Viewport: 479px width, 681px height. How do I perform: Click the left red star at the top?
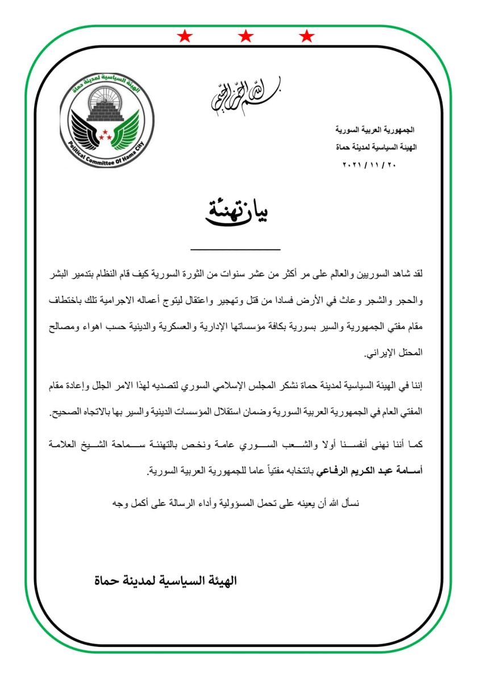184,37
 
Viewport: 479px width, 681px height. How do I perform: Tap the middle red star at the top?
245,37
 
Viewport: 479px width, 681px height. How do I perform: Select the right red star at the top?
307,37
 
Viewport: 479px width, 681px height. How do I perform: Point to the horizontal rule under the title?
236,250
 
